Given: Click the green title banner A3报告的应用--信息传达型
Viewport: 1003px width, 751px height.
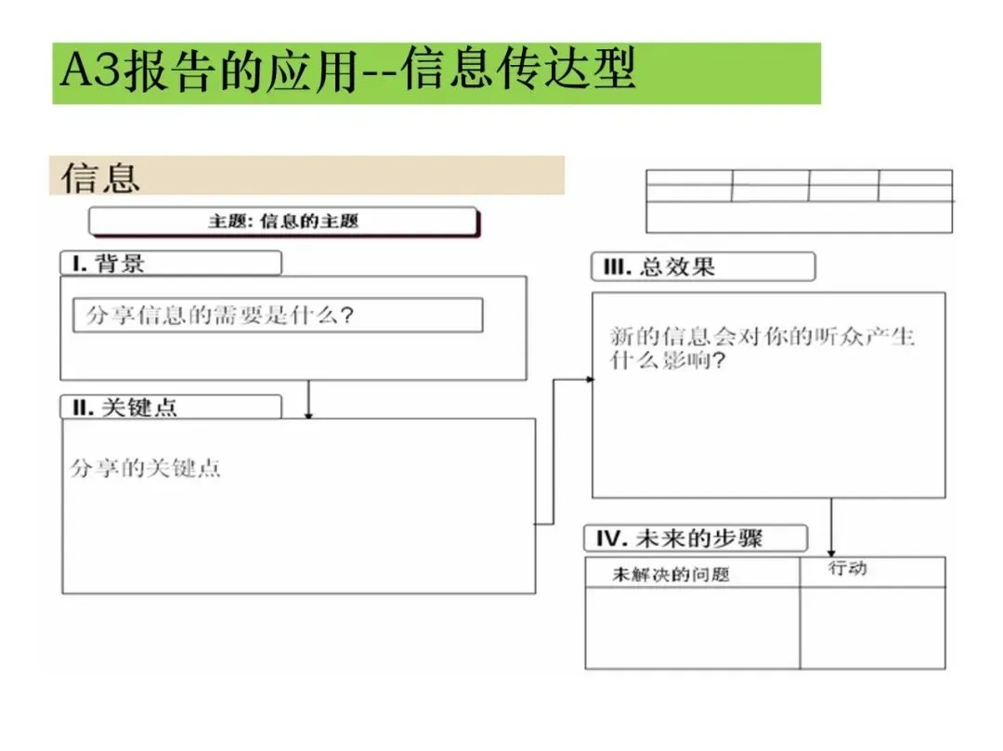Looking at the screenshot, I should (436, 72).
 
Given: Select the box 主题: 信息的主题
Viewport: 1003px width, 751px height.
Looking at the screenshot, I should (283, 221).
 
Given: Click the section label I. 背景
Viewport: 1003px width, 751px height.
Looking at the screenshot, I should (170, 264).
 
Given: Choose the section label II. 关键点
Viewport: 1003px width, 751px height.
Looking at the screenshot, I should (171, 407).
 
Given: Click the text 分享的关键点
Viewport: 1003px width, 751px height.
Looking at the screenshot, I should (146, 468).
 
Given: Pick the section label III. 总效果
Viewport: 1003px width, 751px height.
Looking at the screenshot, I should (703, 267).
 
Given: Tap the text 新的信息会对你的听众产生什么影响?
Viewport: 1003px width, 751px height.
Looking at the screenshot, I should (762, 348).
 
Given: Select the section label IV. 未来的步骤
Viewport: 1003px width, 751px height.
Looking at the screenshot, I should (696, 538).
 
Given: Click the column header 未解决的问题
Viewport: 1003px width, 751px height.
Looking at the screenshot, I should (671, 575).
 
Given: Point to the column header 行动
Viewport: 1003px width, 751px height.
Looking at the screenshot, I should (847, 568).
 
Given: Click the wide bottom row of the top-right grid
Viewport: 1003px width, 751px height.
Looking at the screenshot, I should (799, 217).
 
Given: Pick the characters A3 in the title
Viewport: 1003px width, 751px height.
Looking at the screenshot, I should (91, 72).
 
